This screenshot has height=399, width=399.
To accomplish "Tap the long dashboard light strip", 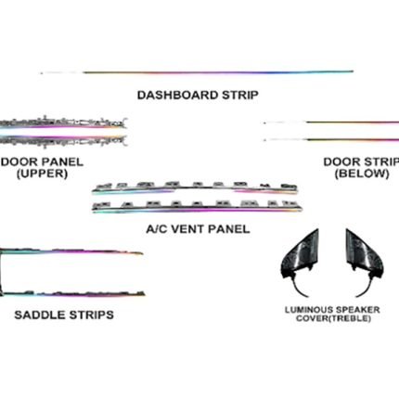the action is (197, 72).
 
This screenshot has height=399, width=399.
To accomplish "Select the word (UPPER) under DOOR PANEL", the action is (42, 174).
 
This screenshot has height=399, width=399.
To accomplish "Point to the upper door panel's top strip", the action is (63, 122).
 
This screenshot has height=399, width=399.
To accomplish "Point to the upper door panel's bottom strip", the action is (63, 140).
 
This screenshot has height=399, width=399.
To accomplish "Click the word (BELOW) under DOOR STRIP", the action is (362, 174).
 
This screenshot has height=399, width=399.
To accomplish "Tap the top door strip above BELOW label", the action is (331, 122).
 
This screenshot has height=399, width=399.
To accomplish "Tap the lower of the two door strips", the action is (331, 140).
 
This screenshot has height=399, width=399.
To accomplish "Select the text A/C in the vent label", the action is (157, 229).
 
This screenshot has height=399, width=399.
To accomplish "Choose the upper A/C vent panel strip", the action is (195, 188).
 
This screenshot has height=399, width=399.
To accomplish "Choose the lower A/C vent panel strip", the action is (197, 207).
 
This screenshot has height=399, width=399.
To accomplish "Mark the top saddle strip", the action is (71, 251).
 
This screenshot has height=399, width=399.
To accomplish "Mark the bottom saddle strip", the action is (72, 294).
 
